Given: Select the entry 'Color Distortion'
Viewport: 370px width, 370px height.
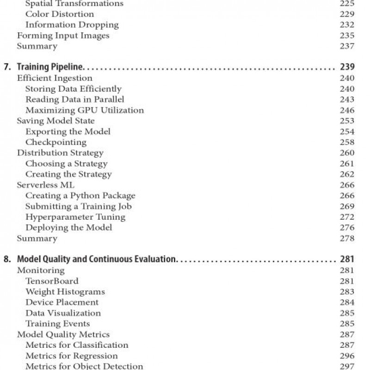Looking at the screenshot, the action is coord(60,14).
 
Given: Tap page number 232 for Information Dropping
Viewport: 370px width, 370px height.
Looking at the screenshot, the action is coord(347,25).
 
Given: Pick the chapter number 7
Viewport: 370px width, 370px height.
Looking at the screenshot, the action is coord(6,68).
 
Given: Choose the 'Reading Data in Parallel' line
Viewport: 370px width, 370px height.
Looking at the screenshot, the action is coord(74,99).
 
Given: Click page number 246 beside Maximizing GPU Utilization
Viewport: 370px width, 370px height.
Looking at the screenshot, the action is coord(347,110).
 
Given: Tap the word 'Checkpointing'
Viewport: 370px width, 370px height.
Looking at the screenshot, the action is coord(55,142).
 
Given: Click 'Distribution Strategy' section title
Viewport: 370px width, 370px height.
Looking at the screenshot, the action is coord(60,153).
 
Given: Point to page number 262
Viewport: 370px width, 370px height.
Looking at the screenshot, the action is coord(347,174).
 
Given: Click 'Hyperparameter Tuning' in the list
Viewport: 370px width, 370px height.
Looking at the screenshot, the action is coord(75,216).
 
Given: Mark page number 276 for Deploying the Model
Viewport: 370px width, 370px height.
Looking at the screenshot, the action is coord(347,227).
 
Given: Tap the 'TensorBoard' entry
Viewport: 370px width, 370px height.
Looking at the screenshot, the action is coord(52,281).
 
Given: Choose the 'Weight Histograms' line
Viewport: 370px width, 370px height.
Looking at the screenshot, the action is coord(65,291).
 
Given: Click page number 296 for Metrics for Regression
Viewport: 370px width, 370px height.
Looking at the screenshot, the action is coord(347,356).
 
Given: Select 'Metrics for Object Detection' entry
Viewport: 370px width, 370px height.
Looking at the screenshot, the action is coord(84,366).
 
